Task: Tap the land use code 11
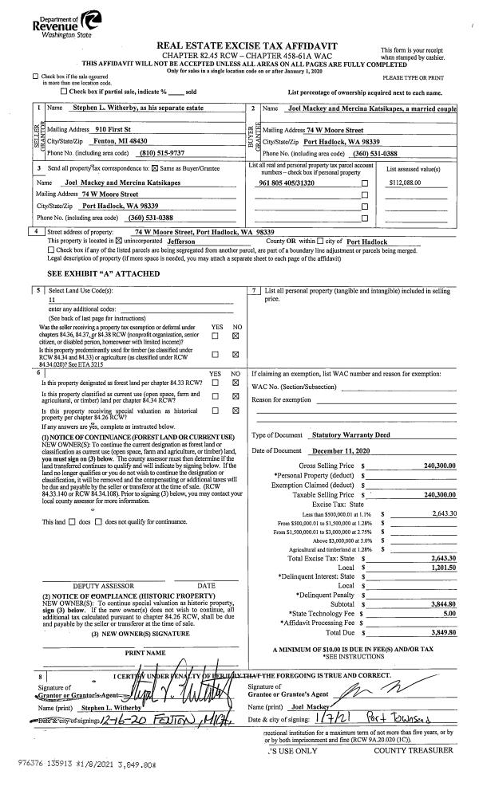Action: pos(53,302)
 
